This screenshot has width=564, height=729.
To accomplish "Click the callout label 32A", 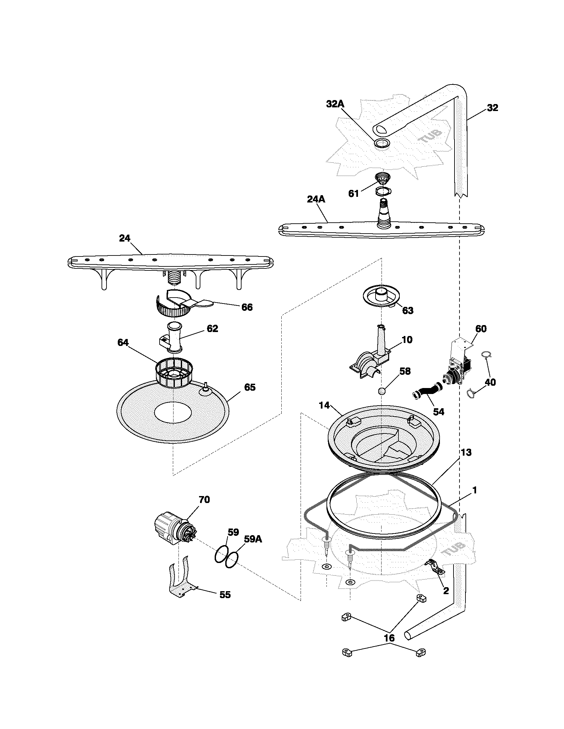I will tap(335, 104).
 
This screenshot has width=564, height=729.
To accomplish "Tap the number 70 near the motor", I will tap(204, 499).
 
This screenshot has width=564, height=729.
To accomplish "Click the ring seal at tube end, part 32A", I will tap(382, 143).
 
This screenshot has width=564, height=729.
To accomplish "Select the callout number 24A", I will tap(316, 199).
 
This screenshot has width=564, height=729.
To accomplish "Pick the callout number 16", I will tap(389, 638).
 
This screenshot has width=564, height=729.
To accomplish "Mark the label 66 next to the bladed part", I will tap(247, 307).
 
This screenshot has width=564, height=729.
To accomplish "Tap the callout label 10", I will tap(407, 339).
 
